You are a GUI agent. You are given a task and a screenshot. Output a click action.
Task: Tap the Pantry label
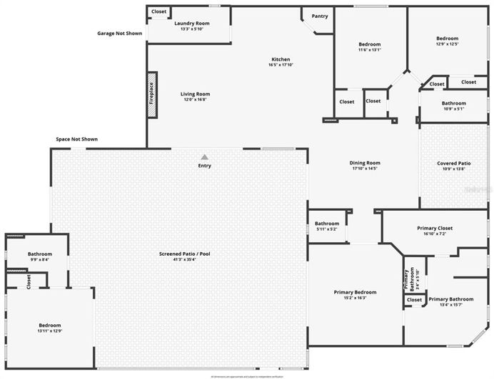pos(320,16)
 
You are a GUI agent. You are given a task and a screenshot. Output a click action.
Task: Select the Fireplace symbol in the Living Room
pos(151,93)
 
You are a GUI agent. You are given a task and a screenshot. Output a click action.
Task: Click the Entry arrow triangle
pos(205,157)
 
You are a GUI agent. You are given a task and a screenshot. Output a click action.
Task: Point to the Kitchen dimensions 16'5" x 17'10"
pos(281,66)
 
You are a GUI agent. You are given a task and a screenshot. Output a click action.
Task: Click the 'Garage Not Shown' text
pos(119,33)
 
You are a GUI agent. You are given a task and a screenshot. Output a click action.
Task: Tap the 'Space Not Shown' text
pos(76,139)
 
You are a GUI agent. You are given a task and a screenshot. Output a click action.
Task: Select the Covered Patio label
pos(454,163)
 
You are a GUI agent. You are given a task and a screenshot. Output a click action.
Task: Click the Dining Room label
pos(365,163)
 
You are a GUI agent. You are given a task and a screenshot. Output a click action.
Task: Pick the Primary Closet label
pos(435,228)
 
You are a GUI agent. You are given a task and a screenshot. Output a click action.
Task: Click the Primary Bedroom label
pos(355,292)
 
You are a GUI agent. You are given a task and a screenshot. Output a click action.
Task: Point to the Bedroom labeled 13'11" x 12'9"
pos(49,325)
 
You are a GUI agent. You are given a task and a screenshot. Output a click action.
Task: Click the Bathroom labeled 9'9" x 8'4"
pos(40,254)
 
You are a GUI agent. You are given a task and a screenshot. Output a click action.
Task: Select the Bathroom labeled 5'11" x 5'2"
pos(327,223)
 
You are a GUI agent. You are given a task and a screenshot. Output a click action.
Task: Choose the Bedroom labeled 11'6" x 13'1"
pos(369,44)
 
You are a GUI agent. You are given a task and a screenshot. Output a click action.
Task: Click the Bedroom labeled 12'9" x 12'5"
pos(448,38)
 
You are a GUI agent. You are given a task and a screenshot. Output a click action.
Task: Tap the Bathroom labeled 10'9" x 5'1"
pos(454,103)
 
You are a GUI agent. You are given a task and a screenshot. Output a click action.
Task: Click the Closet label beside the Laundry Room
pos(159,11)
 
